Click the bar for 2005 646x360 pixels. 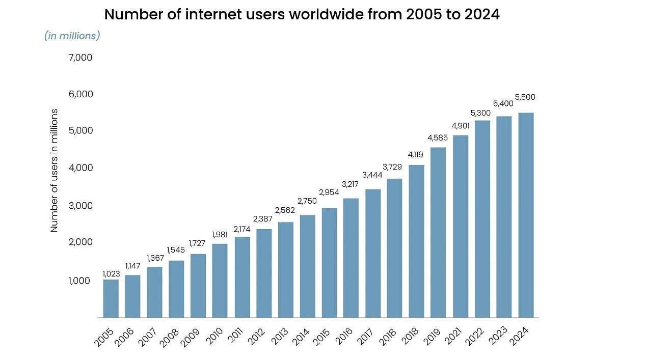[111, 298]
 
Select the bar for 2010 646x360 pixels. [220, 281]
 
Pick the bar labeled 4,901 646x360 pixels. [461, 226]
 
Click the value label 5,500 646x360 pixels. [525, 97]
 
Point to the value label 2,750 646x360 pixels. [307, 201]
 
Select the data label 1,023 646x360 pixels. [111, 274]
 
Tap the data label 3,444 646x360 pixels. [372, 175]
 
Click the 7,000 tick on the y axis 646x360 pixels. [80, 58]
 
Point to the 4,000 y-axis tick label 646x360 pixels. [80, 168]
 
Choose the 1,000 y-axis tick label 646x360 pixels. [80, 281]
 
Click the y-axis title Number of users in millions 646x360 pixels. [55, 171]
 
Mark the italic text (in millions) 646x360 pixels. [72, 36]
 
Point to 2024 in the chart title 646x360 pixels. [481, 14]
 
